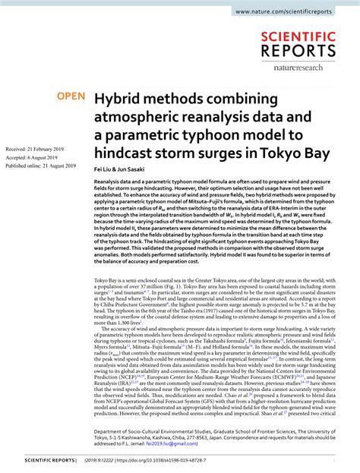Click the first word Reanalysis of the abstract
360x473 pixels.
[x=108, y=183]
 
